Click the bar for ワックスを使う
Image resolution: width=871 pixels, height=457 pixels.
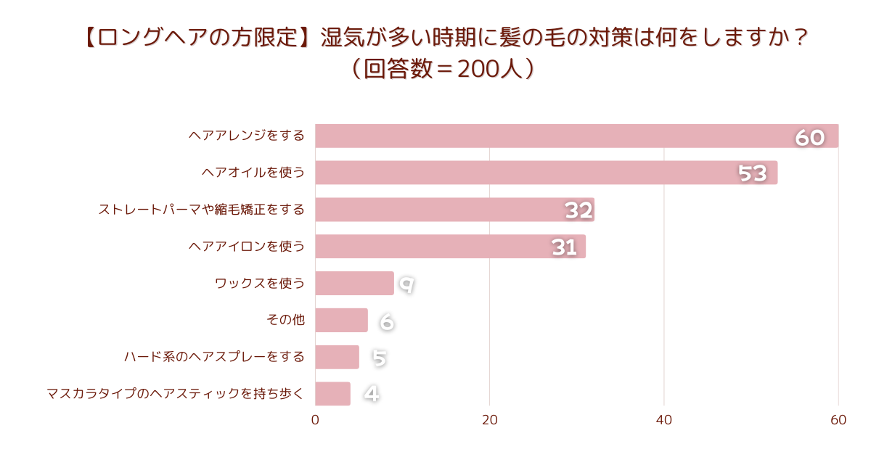[x=354, y=284]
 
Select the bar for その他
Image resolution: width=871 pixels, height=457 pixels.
[x=341, y=320]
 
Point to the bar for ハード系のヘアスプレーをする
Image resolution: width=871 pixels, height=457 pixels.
[x=337, y=357]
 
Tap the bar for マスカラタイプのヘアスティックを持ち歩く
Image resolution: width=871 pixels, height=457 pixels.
[x=332, y=394]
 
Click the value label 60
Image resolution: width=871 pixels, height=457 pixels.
[x=810, y=138]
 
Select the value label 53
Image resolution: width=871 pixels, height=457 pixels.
[x=753, y=173]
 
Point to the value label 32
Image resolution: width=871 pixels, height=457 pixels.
[x=578, y=210]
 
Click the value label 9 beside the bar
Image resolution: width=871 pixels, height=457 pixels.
[x=406, y=285]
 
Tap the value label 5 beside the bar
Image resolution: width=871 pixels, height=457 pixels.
[x=379, y=358]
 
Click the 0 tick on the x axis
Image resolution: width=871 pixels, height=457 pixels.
[x=315, y=420]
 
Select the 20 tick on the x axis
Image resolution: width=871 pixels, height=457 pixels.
[x=489, y=420]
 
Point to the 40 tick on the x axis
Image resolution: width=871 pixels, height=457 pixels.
[x=664, y=420]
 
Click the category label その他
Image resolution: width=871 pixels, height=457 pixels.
[x=285, y=320]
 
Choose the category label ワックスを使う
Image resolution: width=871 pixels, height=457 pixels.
[x=260, y=284]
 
